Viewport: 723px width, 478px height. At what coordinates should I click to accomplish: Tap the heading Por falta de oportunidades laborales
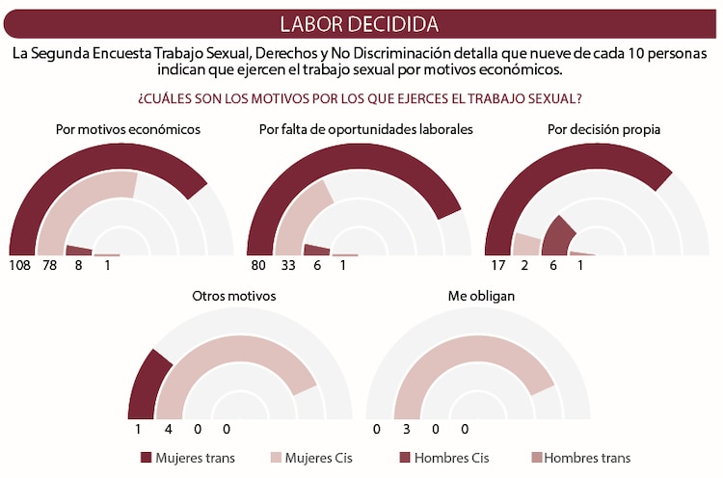pyautogui.click(x=365, y=129)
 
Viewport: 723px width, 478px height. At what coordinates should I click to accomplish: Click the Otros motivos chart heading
pyautogui.click(x=234, y=296)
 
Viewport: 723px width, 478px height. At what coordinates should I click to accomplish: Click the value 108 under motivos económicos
pyautogui.click(x=21, y=265)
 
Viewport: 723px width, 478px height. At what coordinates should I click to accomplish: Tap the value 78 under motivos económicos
pyautogui.click(x=50, y=265)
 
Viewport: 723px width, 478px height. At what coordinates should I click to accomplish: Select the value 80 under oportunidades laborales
pyautogui.click(x=259, y=265)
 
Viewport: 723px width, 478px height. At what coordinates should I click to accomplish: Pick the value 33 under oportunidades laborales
pyautogui.click(x=287, y=265)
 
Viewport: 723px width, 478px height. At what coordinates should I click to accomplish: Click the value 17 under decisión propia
pyautogui.click(x=497, y=265)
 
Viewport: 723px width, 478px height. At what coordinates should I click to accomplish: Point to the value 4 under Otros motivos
pyautogui.click(x=168, y=429)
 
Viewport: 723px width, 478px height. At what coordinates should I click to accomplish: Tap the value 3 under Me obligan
pyautogui.click(x=406, y=429)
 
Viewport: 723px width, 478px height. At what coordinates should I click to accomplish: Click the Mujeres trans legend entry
pyautogui.click(x=188, y=458)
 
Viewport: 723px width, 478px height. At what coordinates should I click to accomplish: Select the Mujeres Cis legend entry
pyautogui.click(x=312, y=458)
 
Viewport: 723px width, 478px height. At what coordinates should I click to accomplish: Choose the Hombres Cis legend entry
pyautogui.click(x=443, y=458)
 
